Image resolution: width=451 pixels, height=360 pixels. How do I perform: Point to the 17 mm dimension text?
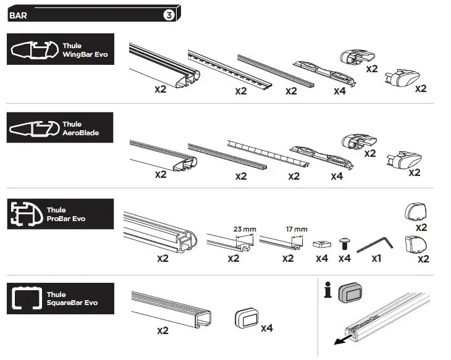[x=297, y=229]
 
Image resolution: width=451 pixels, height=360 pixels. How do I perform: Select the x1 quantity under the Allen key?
[x=376, y=259]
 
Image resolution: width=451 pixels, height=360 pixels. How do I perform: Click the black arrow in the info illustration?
[x=337, y=341]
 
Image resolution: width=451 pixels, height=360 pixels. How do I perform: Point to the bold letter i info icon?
[x=328, y=290]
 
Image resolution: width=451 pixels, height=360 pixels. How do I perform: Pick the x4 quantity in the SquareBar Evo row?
[x=267, y=328]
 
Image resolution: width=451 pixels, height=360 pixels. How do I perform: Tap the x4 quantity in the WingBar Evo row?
[x=339, y=90]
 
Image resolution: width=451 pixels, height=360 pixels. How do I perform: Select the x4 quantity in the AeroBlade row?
[x=337, y=175]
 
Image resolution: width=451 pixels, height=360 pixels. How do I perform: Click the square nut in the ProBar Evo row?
[x=321, y=243]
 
